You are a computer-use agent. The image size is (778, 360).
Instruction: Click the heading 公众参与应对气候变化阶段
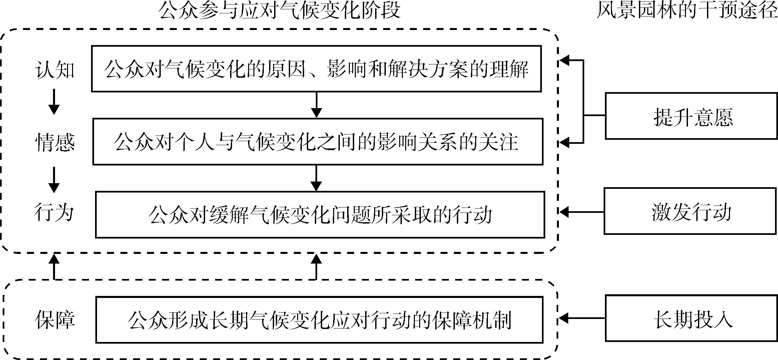(x=279, y=11)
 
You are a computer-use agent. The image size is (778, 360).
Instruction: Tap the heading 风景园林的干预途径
(x=687, y=11)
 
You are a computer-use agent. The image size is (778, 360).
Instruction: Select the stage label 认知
(x=55, y=70)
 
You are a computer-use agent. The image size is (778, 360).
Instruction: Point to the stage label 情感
(x=55, y=142)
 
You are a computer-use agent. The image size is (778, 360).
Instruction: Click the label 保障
(x=55, y=320)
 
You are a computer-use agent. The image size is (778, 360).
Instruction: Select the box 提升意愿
(x=691, y=116)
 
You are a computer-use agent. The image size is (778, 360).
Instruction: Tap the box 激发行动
(x=690, y=211)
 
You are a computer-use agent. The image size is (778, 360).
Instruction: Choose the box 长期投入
(x=691, y=318)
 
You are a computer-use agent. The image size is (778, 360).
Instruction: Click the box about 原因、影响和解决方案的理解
(x=316, y=69)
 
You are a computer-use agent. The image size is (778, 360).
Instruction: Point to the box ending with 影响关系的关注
(x=317, y=141)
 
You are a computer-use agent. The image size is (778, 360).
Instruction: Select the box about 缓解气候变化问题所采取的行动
(x=320, y=215)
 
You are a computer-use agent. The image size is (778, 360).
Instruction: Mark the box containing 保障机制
(x=319, y=320)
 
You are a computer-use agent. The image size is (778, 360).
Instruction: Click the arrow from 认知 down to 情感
(x=54, y=103)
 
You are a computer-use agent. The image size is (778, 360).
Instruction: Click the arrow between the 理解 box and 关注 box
(x=316, y=105)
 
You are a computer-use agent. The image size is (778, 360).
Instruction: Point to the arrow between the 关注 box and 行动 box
(x=316, y=178)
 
